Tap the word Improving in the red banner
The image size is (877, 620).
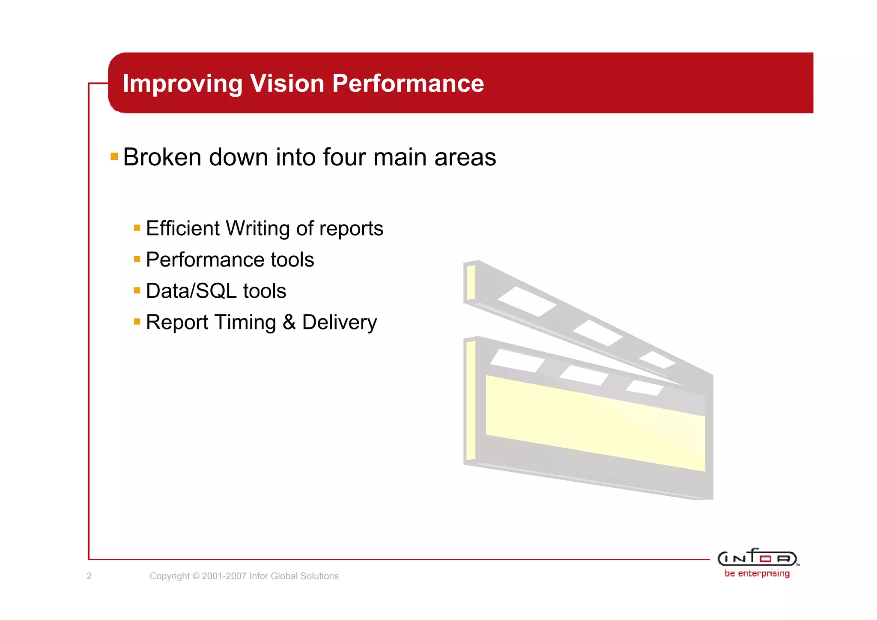182,84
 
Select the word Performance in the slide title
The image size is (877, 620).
408,83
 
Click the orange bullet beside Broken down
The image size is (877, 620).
114,156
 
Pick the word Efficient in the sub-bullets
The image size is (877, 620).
182,228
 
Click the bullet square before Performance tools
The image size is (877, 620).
137,259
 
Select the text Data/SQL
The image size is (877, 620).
191,291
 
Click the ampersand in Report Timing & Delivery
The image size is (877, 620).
289,322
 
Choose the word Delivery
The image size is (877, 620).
339,323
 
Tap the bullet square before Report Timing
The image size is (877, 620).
137,322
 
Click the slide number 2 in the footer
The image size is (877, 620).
89,576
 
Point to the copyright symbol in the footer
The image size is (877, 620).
196,576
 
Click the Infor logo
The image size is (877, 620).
757,557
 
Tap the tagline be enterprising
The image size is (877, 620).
757,573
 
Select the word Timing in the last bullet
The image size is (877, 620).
245,323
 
